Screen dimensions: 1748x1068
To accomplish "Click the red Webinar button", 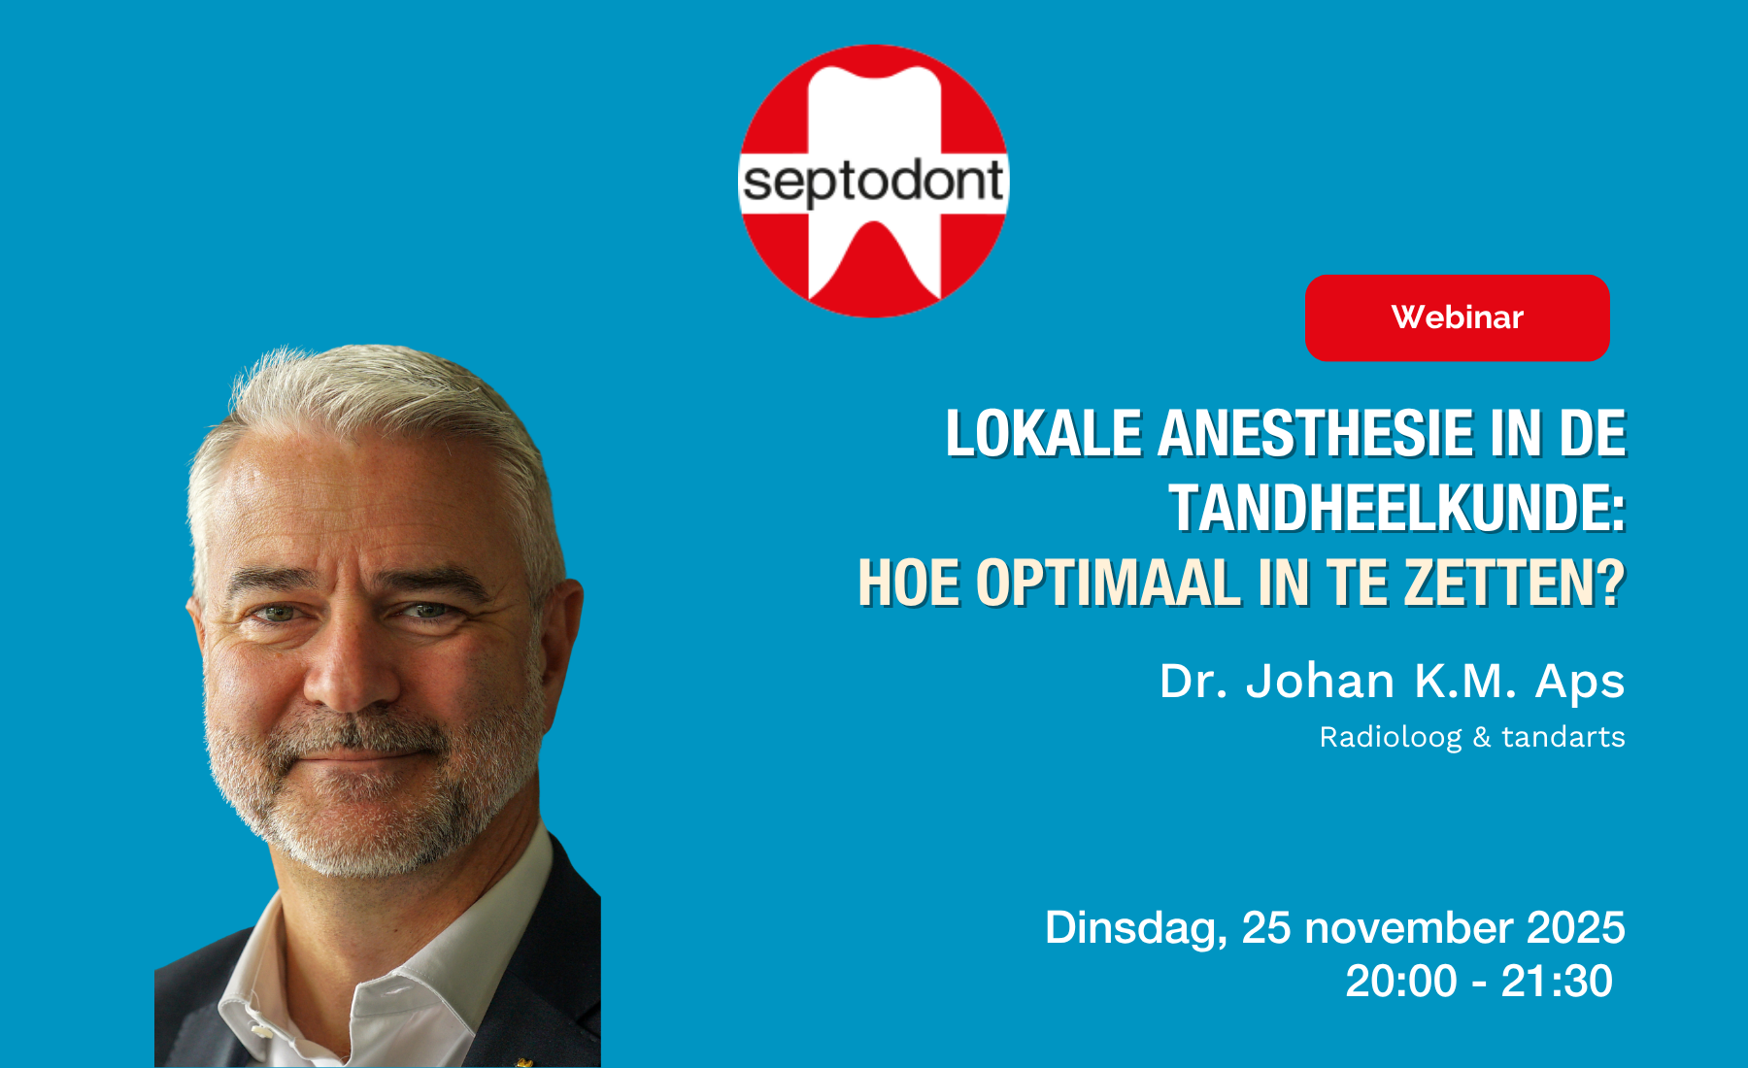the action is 1457,317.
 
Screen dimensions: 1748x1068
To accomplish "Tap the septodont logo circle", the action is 874,181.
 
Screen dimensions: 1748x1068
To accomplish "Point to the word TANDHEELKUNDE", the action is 1397,508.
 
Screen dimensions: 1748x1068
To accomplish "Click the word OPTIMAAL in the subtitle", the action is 1108,583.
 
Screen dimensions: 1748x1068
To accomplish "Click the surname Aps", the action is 1580,683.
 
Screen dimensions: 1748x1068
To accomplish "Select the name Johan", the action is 1321,681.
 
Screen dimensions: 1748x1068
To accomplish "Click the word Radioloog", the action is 1390,738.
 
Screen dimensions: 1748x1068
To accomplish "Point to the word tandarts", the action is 1563,737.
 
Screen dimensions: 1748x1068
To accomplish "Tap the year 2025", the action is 1576,927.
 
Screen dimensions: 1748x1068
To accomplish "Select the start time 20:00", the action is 1401,981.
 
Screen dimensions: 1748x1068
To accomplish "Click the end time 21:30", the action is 1557,981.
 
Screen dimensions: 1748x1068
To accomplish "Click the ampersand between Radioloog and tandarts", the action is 1482,738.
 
